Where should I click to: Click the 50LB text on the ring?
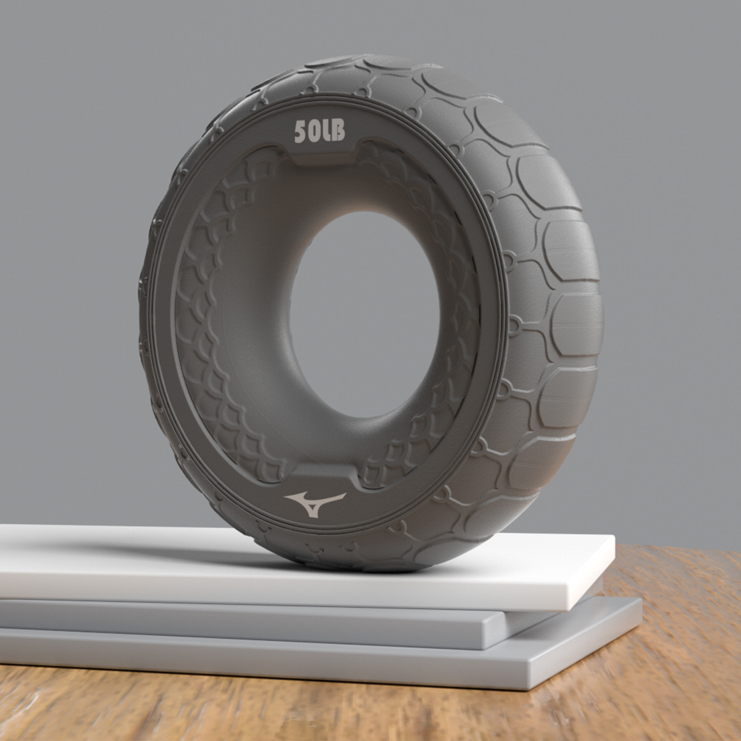tap(319, 132)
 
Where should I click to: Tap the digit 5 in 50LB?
tap(300, 133)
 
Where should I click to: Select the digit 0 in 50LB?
tap(314, 132)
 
